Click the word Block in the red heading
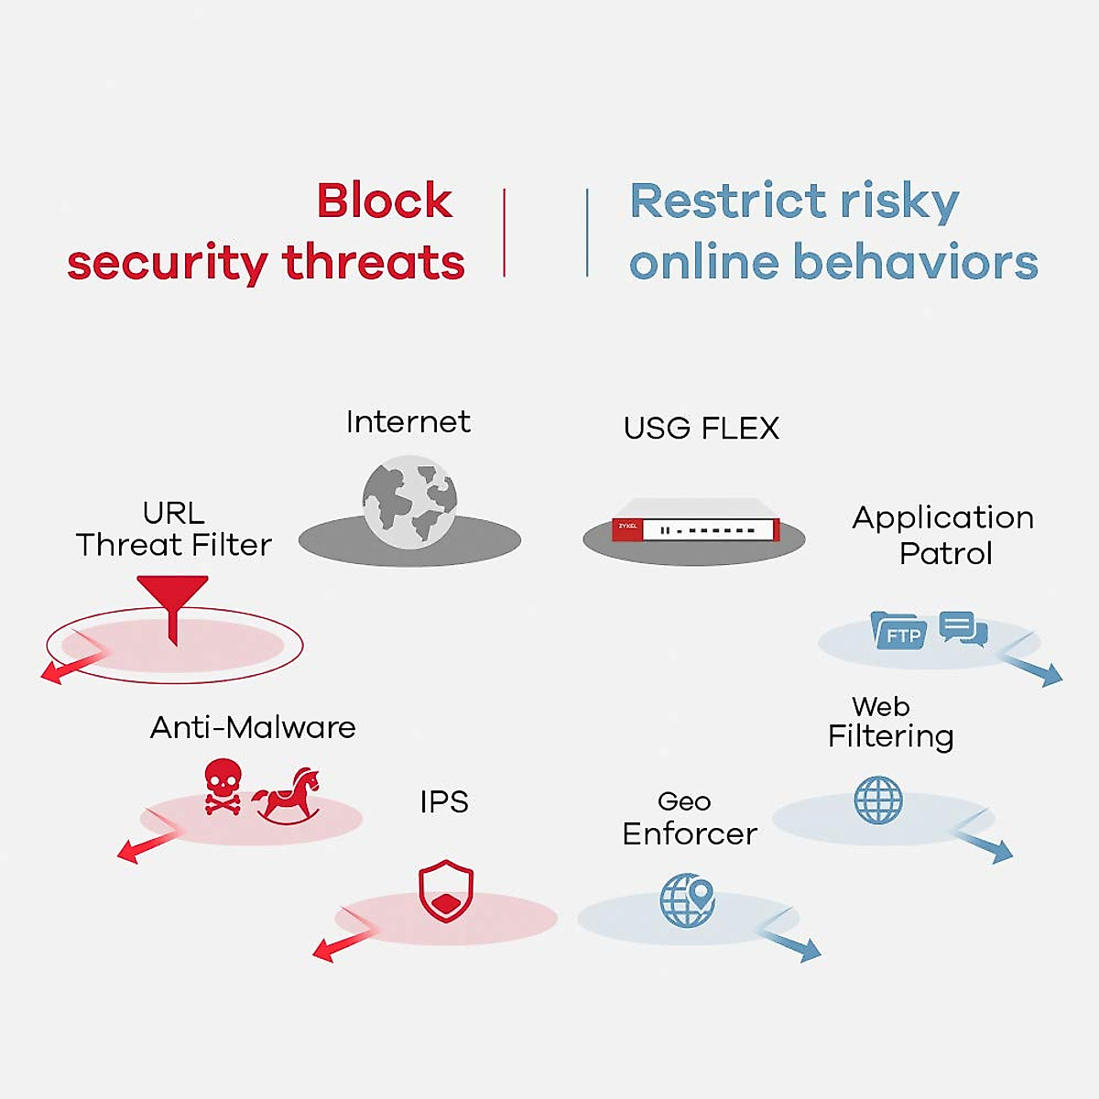tap(384, 201)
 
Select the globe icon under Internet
tap(409, 502)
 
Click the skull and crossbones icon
tap(223, 786)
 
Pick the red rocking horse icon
tap(287, 796)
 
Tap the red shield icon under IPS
tap(446, 890)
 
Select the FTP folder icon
tap(898, 631)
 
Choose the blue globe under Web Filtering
tap(878, 800)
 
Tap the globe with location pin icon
tap(688, 899)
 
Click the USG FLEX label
tap(701, 429)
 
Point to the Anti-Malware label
tap(253, 727)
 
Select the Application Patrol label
tap(943, 535)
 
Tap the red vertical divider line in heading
tap(504, 233)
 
